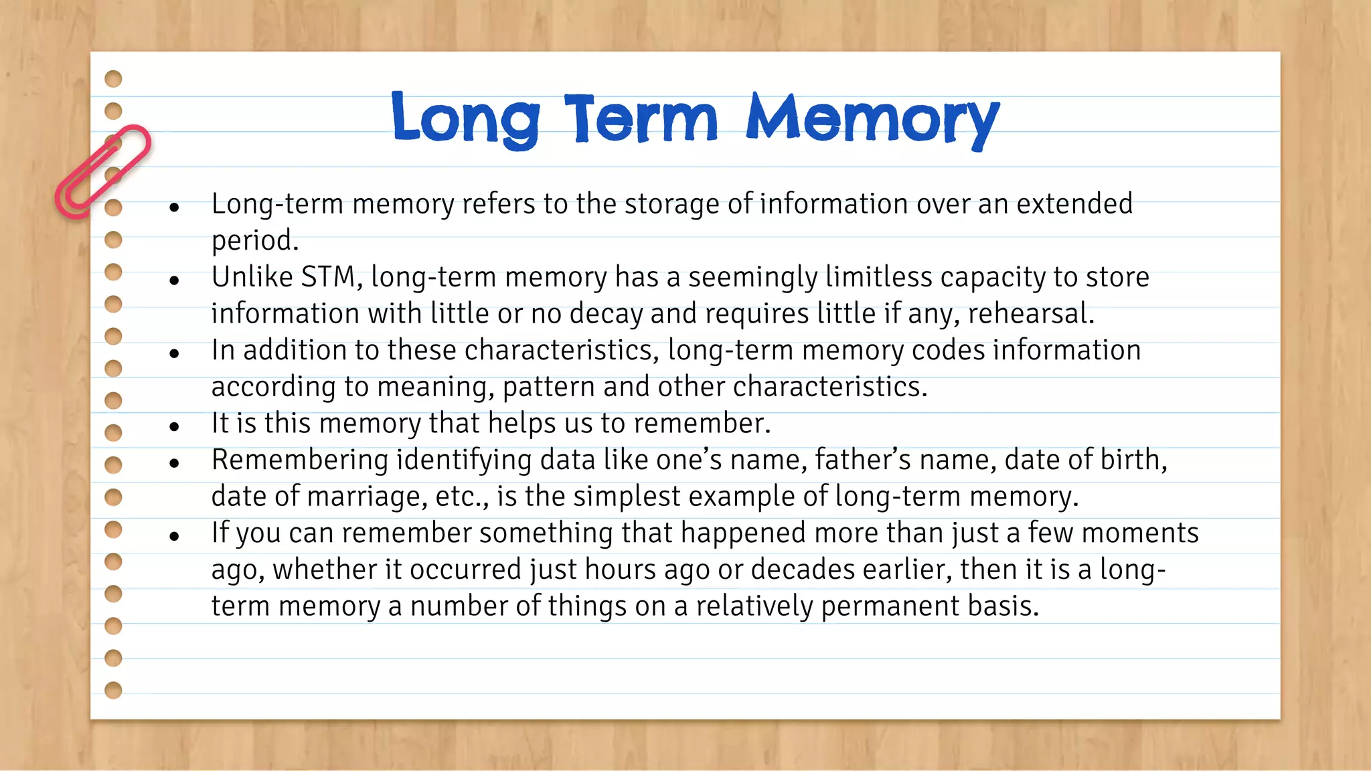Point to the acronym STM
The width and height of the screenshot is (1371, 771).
328,277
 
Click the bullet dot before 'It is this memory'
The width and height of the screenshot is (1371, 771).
175,426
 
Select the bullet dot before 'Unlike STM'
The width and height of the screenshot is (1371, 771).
175,280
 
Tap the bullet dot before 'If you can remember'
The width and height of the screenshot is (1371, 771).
175,536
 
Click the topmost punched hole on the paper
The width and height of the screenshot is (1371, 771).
114,79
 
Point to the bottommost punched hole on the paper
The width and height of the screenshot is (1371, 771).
114,690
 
